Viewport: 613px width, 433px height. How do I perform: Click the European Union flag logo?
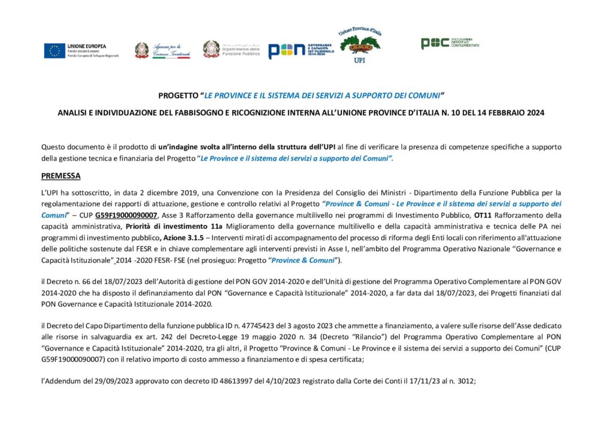[54, 51]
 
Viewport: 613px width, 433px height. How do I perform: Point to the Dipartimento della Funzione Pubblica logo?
[231, 50]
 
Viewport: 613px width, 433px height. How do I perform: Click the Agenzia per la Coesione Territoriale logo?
[163, 50]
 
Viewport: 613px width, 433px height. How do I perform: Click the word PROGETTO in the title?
[178, 95]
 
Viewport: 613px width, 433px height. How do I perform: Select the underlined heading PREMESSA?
[60, 176]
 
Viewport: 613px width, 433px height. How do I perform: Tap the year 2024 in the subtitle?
[535, 112]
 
